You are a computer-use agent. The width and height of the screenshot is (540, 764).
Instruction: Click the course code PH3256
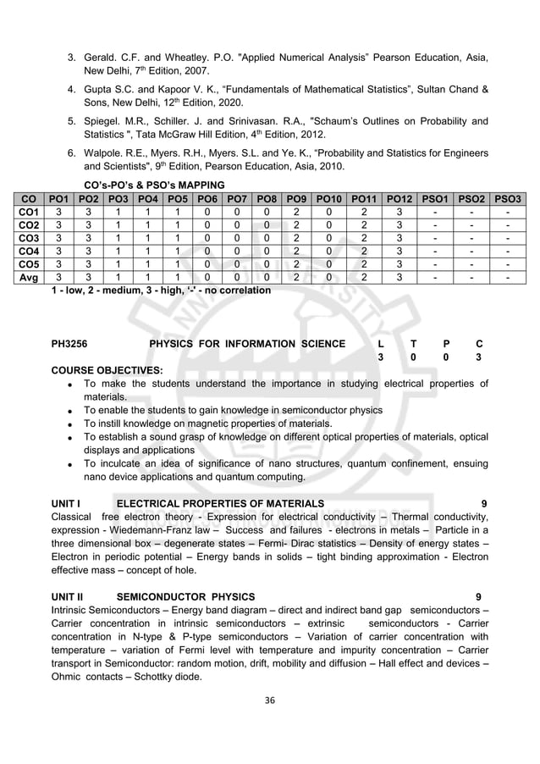point(71,344)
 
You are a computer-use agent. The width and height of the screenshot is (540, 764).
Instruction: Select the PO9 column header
point(295,198)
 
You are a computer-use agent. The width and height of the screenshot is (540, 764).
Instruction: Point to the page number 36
point(270,700)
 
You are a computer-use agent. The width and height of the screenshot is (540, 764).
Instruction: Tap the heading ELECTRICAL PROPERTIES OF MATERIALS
point(219,504)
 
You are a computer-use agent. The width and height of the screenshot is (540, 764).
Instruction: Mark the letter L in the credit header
point(381,344)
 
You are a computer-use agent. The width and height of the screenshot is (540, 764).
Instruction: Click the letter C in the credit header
point(479,344)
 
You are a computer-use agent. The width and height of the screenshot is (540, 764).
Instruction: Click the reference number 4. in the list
point(72,90)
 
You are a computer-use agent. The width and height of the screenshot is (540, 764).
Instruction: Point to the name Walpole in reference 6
point(103,152)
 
